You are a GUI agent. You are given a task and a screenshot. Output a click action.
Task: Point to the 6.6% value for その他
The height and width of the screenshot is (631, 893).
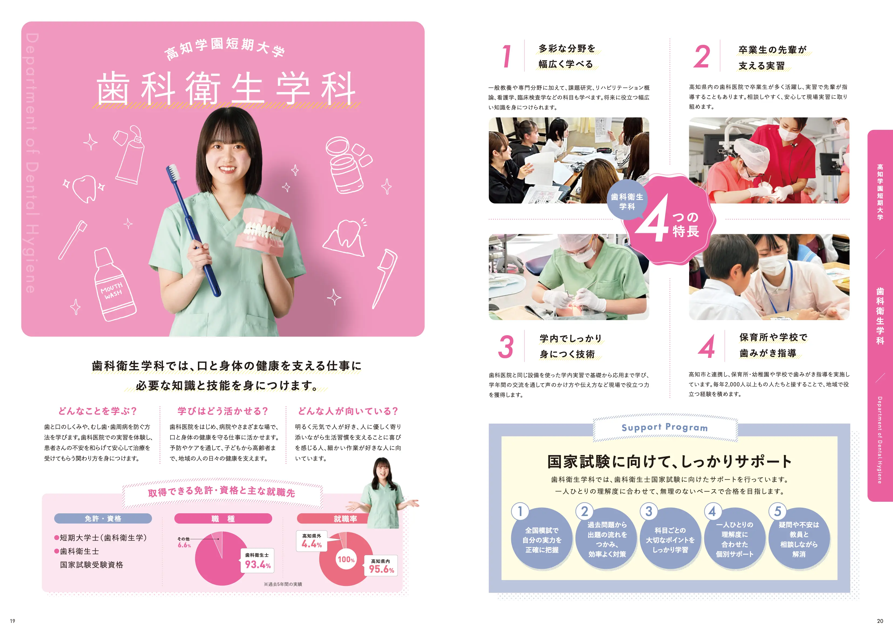pos(184,545)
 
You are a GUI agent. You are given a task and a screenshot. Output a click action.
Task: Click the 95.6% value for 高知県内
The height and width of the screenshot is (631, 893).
pos(381,569)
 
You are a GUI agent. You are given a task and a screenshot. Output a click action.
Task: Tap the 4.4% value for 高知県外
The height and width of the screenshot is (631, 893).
pos(312,544)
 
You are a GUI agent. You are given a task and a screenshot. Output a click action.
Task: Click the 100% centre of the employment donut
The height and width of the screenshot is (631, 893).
pos(346,559)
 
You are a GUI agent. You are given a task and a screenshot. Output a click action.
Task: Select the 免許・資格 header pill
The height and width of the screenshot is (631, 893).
pos(103,518)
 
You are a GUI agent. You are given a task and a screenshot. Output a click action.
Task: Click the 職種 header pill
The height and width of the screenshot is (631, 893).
pos(223,518)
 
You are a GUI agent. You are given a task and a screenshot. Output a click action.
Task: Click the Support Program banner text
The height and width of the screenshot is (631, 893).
pos(665,427)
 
